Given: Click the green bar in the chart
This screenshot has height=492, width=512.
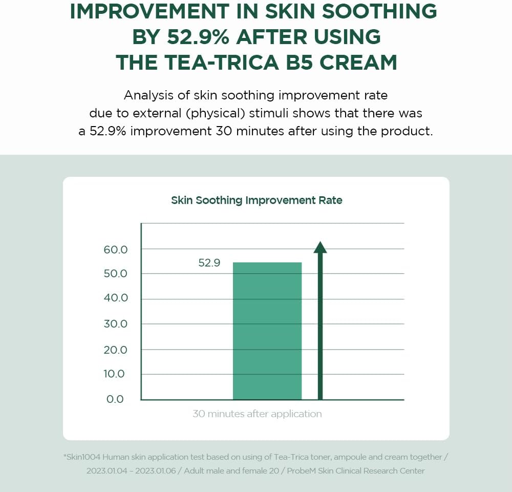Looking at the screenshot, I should click(x=267, y=331).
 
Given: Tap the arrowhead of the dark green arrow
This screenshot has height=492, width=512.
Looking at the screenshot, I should click(x=320, y=248).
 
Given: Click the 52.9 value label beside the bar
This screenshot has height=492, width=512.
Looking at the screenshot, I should click(x=209, y=263).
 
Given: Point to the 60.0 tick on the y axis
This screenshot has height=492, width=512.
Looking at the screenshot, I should click(x=116, y=250).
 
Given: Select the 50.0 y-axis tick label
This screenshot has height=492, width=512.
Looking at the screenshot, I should click(x=116, y=274).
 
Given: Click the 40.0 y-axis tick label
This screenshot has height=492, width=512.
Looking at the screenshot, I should click(x=116, y=298).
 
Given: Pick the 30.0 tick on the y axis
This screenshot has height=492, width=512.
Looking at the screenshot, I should click(x=116, y=324).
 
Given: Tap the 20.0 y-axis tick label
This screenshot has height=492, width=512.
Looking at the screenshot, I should click(x=116, y=350).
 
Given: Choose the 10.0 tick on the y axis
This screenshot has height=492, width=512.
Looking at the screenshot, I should click(x=114, y=374).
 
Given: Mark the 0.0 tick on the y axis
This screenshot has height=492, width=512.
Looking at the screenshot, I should click(x=115, y=399).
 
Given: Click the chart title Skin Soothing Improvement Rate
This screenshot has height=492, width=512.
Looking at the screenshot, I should click(x=257, y=200).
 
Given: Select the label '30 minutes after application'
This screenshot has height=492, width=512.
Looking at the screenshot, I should click(x=257, y=414).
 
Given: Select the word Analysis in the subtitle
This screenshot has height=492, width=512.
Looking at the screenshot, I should click(x=149, y=95).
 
